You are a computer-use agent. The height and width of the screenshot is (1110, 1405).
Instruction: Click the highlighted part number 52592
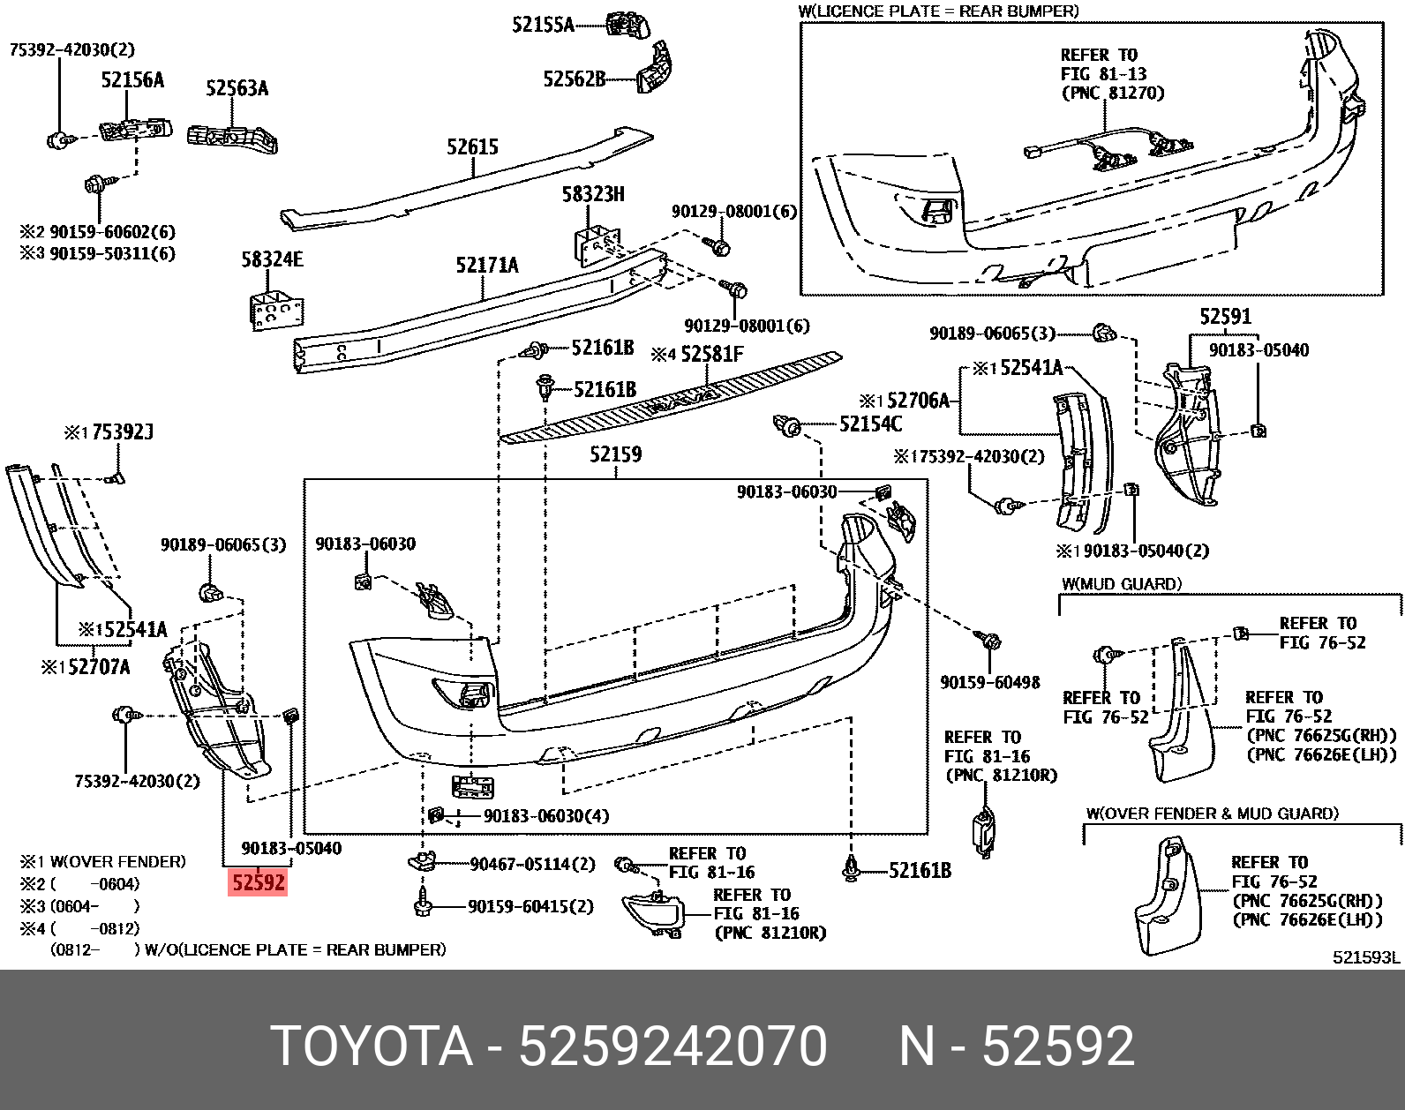click(x=258, y=881)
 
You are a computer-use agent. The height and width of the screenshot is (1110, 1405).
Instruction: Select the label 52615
click(x=472, y=146)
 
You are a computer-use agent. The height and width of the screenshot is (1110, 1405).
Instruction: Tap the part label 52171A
click(x=487, y=264)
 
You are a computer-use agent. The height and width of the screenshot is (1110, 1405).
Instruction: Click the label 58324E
click(x=272, y=259)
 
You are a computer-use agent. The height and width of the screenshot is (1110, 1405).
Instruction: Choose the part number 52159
click(x=615, y=454)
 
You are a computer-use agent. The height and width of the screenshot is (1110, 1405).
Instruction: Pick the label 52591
click(x=1225, y=317)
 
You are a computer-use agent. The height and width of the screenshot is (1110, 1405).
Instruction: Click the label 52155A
click(x=543, y=25)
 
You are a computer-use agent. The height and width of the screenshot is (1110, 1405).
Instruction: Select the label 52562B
click(x=575, y=79)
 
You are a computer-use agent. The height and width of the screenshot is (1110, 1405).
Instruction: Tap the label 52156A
click(x=132, y=80)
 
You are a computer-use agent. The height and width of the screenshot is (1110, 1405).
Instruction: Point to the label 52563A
click(x=237, y=87)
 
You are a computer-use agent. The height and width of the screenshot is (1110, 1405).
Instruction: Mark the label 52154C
click(x=870, y=424)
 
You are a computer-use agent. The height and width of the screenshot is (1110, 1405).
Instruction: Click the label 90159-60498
click(x=989, y=682)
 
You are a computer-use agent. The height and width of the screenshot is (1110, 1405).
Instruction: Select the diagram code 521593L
click(x=1366, y=957)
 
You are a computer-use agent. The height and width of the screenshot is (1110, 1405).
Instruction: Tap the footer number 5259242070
click(x=672, y=1047)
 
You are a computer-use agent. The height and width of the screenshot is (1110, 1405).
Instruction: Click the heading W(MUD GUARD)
click(x=1121, y=584)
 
